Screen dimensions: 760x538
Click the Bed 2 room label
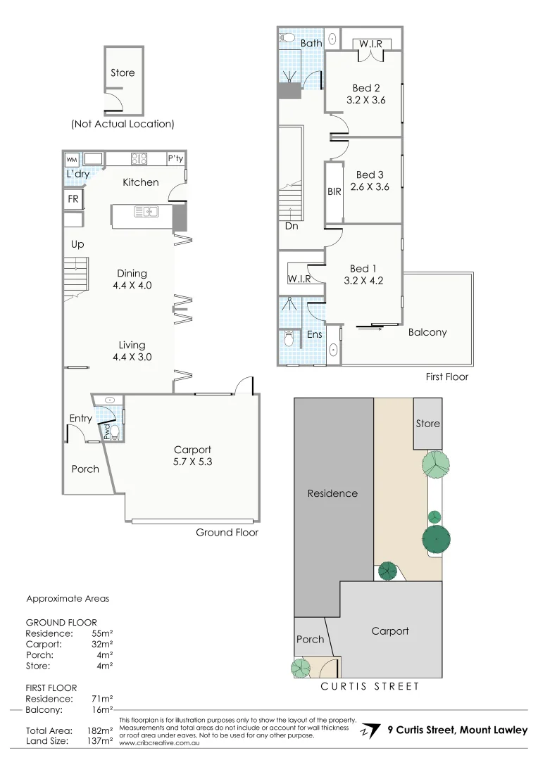pyautogui.click(x=366, y=88)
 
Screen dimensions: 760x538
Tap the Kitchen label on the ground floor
pyautogui.click(x=141, y=182)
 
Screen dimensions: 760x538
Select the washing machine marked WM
pyautogui.click(x=73, y=158)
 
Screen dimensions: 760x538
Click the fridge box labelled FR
pyautogui.click(x=73, y=199)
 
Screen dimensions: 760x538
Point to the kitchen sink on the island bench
pyautogui.click(x=148, y=210)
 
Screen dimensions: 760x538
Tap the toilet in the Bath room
pyautogui.click(x=288, y=37)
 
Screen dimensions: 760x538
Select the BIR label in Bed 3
pyautogui.click(x=334, y=191)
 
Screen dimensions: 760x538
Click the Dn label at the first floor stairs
pyautogui.click(x=291, y=227)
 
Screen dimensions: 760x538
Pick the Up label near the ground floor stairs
pyautogui.click(x=77, y=244)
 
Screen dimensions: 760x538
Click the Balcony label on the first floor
pyautogui.click(x=427, y=332)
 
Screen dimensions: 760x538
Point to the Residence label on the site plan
pyautogui.click(x=332, y=493)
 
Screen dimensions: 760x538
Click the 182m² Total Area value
pyautogui.click(x=101, y=730)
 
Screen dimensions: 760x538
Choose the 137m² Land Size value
pyautogui.click(x=101, y=740)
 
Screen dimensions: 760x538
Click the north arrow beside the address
pyautogui.click(x=367, y=730)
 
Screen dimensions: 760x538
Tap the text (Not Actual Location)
pyautogui.click(x=122, y=124)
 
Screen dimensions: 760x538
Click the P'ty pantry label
pyautogui.click(x=175, y=159)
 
